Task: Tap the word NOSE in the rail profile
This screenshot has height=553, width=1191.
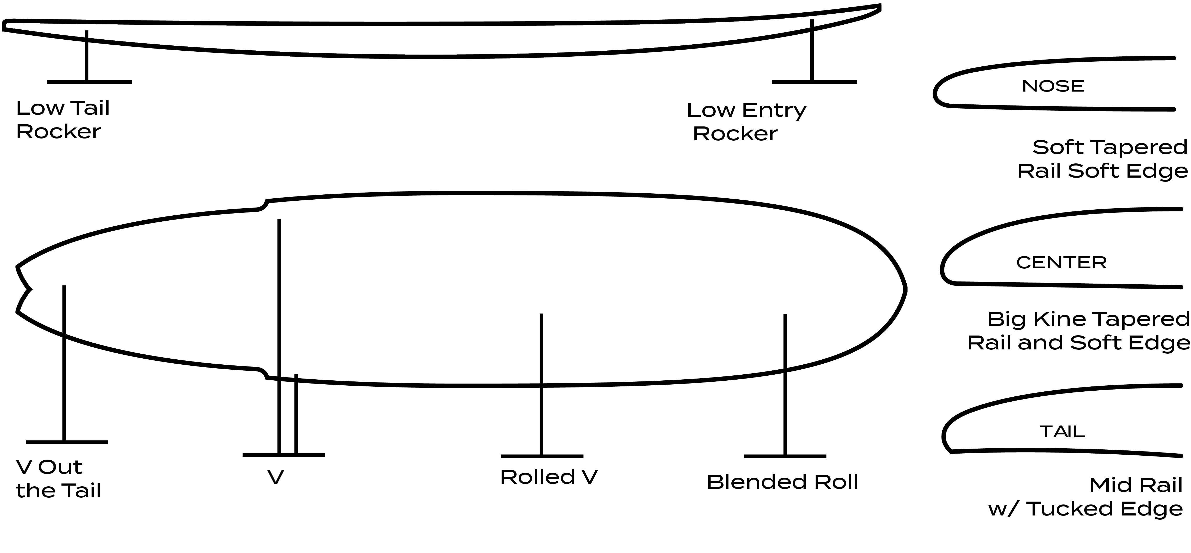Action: pyautogui.click(x=1053, y=86)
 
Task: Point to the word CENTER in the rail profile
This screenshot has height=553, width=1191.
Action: pyautogui.click(x=1061, y=263)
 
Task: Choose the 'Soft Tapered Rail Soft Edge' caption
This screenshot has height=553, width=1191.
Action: pyautogui.click(x=1103, y=159)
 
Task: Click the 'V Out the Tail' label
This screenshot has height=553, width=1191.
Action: pyautogui.click(x=58, y=478)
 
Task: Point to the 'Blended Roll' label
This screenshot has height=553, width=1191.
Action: pyautogui.click(x=782, y=482)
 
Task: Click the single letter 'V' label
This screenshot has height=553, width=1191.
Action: pyautogui.click(x=275, y=478)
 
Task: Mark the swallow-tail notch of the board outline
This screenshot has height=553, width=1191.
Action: pyautogui.click(x=30, y=290)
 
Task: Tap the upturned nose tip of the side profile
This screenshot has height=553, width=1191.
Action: pyautogui.click(x=879, y=7)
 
